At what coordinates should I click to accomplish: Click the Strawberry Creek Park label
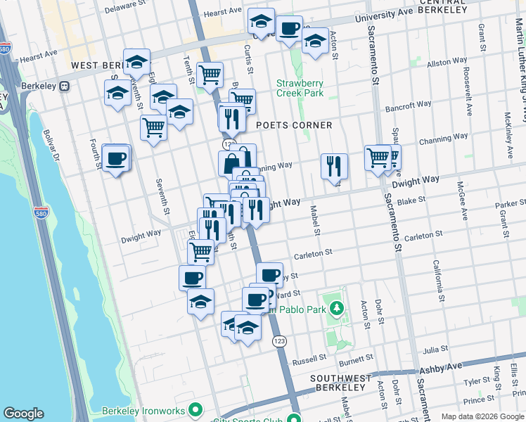300,88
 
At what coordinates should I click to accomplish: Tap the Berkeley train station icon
64,86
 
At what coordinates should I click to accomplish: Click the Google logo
23,414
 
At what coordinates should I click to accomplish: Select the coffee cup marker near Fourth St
116,158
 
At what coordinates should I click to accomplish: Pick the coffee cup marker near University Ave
288,30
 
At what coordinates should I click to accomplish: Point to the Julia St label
435,349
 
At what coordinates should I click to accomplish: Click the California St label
437,276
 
